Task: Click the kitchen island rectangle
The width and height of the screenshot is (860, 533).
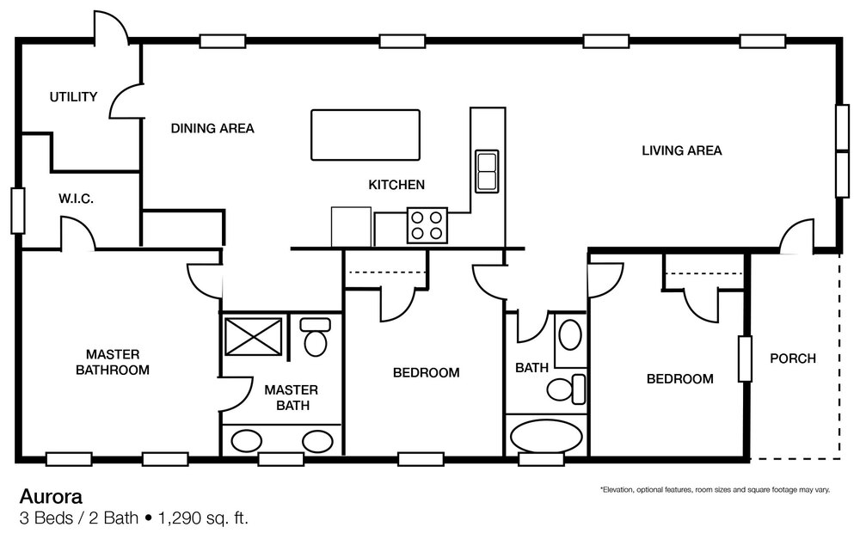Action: (x=365, y=134)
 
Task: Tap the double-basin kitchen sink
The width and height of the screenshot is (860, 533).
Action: (x=487, y=170)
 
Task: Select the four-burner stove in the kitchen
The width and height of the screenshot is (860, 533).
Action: (x=427, y=225)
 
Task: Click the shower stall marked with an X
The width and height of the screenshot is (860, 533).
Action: (x=253, y=335)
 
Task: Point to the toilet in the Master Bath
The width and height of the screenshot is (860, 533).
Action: (x=316, y=337)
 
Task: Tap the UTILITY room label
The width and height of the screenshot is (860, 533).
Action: (x=73, y=96)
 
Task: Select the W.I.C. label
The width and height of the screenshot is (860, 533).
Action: (x=77, y=199)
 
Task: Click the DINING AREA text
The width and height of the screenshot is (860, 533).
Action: (x=212, y=128)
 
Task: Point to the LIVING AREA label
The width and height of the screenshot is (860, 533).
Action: (x=682, y=150)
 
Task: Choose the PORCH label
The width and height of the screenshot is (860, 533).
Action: (x=792, y=358)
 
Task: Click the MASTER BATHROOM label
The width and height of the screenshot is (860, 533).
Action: (x=113, y=362)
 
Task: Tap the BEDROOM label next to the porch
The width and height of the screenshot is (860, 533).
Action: (x=679, y=378)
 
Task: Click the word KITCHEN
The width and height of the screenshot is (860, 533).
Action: (x=396, y=184)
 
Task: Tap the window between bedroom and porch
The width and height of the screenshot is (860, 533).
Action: (x=745, y=359)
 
